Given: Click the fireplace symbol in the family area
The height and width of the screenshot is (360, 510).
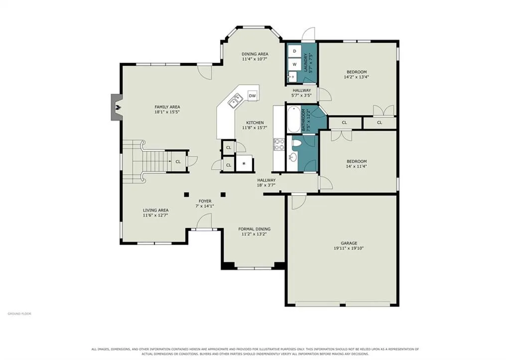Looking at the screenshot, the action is pos(116,108).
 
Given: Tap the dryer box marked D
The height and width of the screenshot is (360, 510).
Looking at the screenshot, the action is pos(295,51).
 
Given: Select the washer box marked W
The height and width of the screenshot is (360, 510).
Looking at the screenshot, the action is pos(295,64).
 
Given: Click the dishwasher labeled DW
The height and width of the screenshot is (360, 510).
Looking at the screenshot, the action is pos(253,96).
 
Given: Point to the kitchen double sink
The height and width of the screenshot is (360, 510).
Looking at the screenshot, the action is pos(236,101).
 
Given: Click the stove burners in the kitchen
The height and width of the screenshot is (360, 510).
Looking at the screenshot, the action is pos(279,144).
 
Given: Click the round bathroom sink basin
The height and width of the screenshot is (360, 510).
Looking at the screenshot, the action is pos(293,157).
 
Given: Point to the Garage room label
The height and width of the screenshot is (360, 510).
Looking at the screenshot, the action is pos(349,243).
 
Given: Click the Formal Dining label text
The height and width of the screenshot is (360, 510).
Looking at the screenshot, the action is pos(255,229).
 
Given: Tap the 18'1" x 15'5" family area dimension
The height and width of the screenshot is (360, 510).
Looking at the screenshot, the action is pos(167,112).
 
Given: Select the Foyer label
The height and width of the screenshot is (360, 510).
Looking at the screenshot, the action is pos(205,201).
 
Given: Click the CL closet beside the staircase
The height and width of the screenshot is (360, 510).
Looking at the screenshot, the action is pos(178,161).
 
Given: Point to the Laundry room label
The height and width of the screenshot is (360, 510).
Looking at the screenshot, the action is pos(305,63).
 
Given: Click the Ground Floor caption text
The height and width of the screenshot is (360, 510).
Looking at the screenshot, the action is pos(19,314).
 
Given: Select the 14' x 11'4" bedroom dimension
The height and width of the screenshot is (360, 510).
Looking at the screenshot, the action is pos(357,166).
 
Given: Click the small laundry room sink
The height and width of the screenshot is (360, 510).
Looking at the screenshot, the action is pos(292,77).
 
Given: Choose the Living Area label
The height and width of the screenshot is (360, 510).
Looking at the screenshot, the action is pos(156,210).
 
